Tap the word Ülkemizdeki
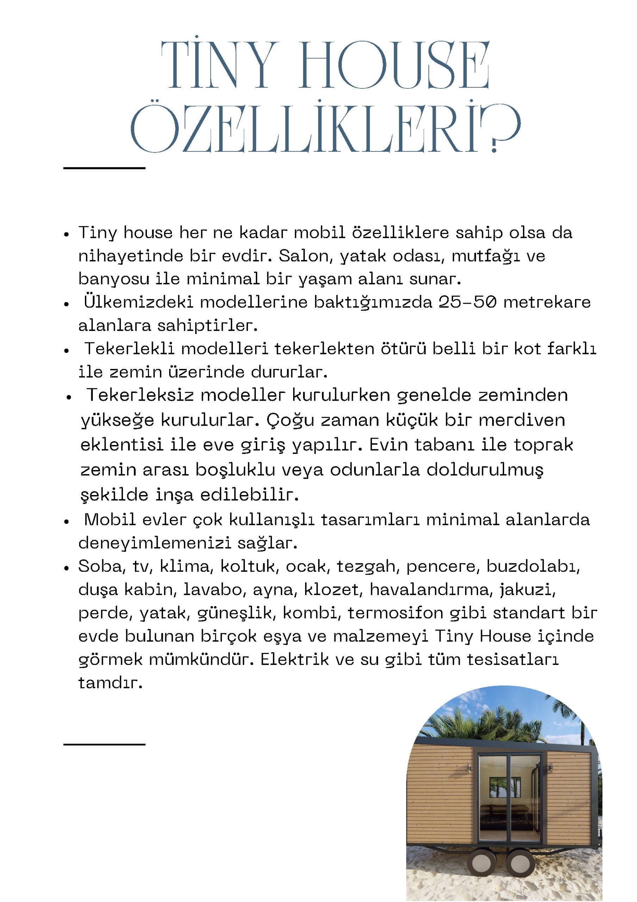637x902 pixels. pyautogui.click(x=138, y=302)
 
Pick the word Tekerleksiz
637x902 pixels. pyautogui.click(x=140, y=395)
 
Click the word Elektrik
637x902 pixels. pyautogui.click(x=295, y=659)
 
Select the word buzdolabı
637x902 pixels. pyautogui.click(x=532, y=567)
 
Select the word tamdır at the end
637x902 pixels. pyautogui.click(x=110, y=683)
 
